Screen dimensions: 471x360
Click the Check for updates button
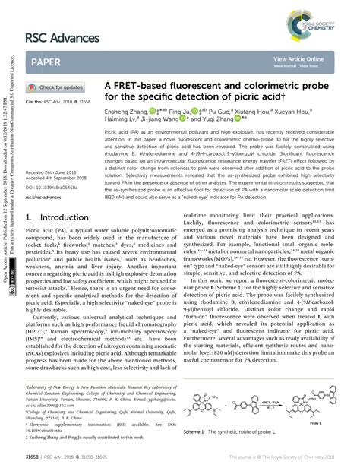[57, 87]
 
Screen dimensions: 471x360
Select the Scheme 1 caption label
[199, 431]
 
